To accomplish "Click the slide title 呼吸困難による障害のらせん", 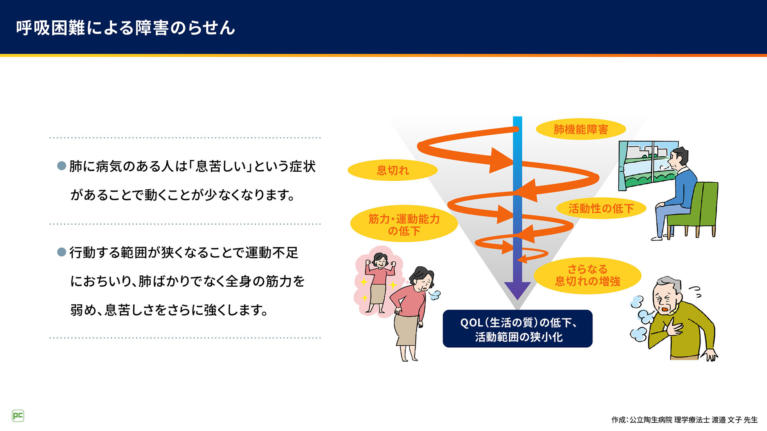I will tap(125, 28).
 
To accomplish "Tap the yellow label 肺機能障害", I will tap(581, 129).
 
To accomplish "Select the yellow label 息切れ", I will tap(393, 170).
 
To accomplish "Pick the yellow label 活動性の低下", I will tap(601, 208).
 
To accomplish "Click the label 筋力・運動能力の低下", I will tap(404, 224).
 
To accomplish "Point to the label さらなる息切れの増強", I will tap(587, 275).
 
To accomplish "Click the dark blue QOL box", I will tap(517, 329).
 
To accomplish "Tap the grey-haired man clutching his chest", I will tap(677, 321).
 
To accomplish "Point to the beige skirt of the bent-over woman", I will tap(406, 330).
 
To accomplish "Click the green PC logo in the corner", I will tap(18, 416).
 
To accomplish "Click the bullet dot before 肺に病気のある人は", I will tap(61, 166).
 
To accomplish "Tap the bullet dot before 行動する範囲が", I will tap(61, 252).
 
